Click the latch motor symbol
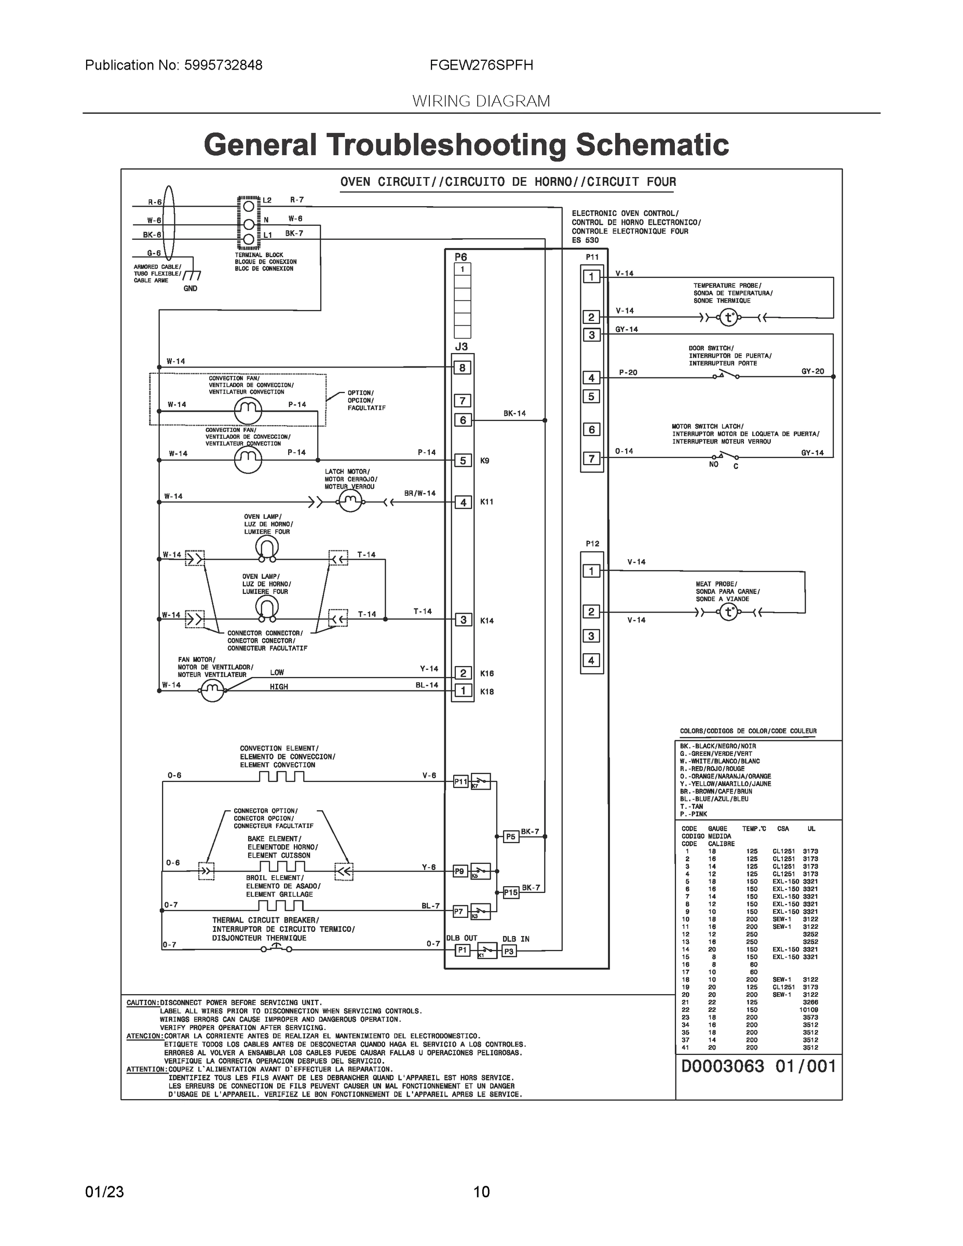click(350, 502)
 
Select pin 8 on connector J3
click(462, 368)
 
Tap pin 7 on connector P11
click(591, 458)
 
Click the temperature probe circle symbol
click(728, 317)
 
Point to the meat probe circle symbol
click(728, 613)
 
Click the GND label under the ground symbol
click(191, 289)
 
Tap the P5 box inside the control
click(511, 837)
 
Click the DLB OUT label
click(462, 938)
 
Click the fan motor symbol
click(212, 691)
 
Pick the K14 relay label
click(486, 621)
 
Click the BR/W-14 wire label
click(419, 493)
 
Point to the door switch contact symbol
click(725, 375)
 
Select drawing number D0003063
click(722, 1066)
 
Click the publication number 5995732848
click(223, 65)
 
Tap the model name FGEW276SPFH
click(482, 65)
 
